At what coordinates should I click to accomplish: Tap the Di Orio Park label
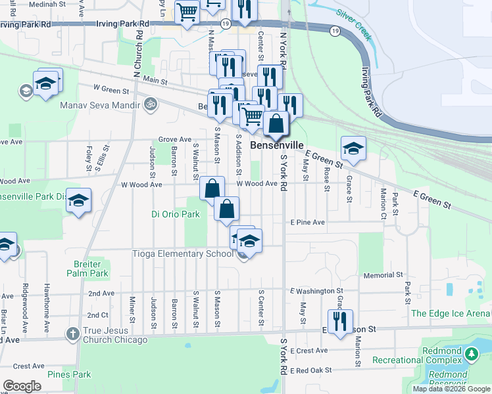[175, 214]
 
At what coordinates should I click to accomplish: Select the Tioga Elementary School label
[187, 254]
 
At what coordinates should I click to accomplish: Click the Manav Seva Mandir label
[100, 105]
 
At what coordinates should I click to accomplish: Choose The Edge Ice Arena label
[451, 314]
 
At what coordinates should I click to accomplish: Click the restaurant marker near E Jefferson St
[340, 322]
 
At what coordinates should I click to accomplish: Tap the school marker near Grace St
[353, 148]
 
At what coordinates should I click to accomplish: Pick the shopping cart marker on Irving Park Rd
[187, 12]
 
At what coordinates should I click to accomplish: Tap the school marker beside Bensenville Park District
[78, 200]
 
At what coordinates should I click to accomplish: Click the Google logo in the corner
[22, 386]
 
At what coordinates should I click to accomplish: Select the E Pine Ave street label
[308, 223]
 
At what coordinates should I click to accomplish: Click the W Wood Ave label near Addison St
[257, 184]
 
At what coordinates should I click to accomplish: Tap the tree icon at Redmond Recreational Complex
[471, 354]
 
